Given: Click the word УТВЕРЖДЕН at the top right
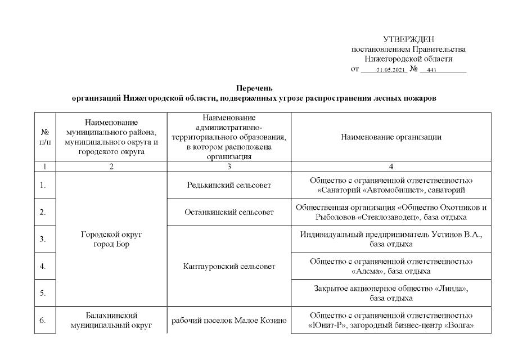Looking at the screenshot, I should pyautogui.click(x=408, y=39).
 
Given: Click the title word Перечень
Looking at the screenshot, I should pyautogui.click(x=254, y=88).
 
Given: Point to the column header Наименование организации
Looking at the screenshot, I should pyautogui.click(x=391, y=137).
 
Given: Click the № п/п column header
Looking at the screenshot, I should pyautogui.click(x=44, y=137).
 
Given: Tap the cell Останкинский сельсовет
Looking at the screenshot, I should pyautogui.click(x=229, y=212).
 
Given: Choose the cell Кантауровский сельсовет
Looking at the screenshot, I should pyautogui.click(x=229, y=266).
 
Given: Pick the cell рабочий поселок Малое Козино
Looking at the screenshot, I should pyautogui.click(x=229, y=321).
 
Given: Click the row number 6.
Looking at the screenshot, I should pyautogui.click(x=43, y=321).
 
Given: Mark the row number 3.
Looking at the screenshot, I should pyautogui.click(x=43, y=239).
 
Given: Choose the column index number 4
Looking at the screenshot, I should pyautogui.click(x=391, y=166).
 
